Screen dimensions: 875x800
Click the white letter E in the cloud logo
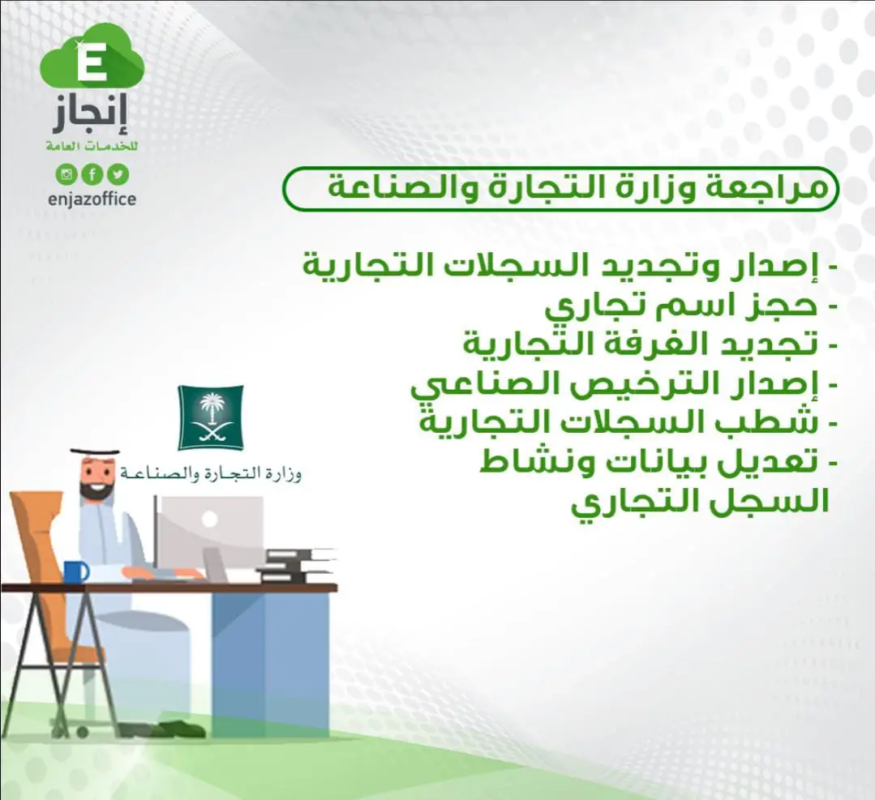[92, 66]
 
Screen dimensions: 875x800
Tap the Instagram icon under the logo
[66, 174]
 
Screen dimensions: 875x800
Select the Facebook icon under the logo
[92, 174]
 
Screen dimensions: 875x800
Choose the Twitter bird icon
[118, 174]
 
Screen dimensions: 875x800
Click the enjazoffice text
[92, 199]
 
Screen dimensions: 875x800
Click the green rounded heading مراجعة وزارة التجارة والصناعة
[561, 189]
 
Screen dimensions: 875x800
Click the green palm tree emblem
[210, 417]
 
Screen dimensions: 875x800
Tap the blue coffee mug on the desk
[76, 571]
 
